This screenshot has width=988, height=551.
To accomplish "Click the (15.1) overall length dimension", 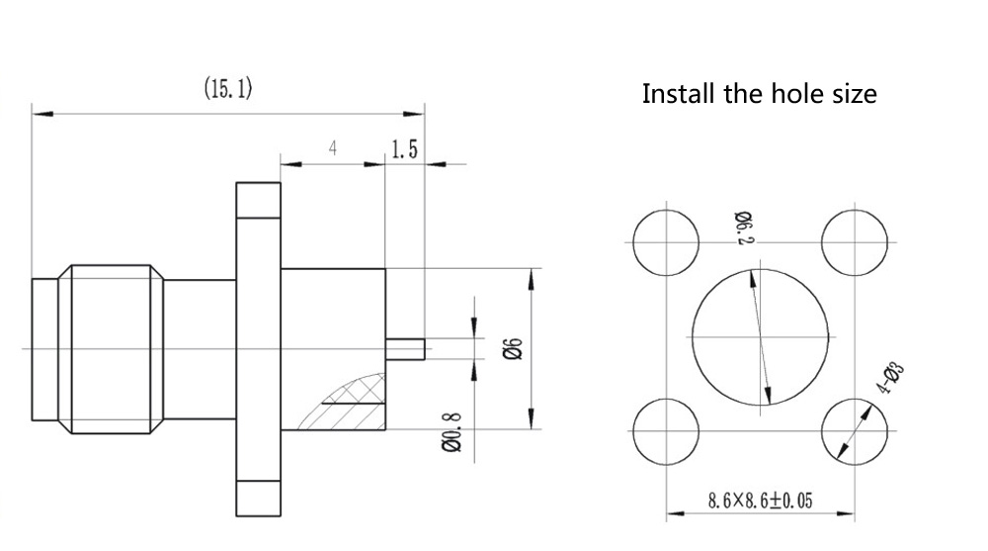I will (x=228, y=90).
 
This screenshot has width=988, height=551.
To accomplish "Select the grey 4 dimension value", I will (x=333, y=148).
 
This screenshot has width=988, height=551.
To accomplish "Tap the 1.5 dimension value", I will (x=405, y=149).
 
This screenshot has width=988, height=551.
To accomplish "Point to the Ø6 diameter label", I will (x=512, y=348).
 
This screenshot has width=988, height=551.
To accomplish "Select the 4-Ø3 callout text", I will (x=891, y=380).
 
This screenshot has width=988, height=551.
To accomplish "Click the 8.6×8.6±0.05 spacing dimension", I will (x=760, y=501).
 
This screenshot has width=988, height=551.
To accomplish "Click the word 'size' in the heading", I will (x=852, y=95).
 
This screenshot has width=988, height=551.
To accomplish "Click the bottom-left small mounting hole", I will (x=665, y=432).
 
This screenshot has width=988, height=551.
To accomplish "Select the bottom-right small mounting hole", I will (x=855, y=432).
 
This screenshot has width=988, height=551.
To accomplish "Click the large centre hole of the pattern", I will (x=760, y=337).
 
